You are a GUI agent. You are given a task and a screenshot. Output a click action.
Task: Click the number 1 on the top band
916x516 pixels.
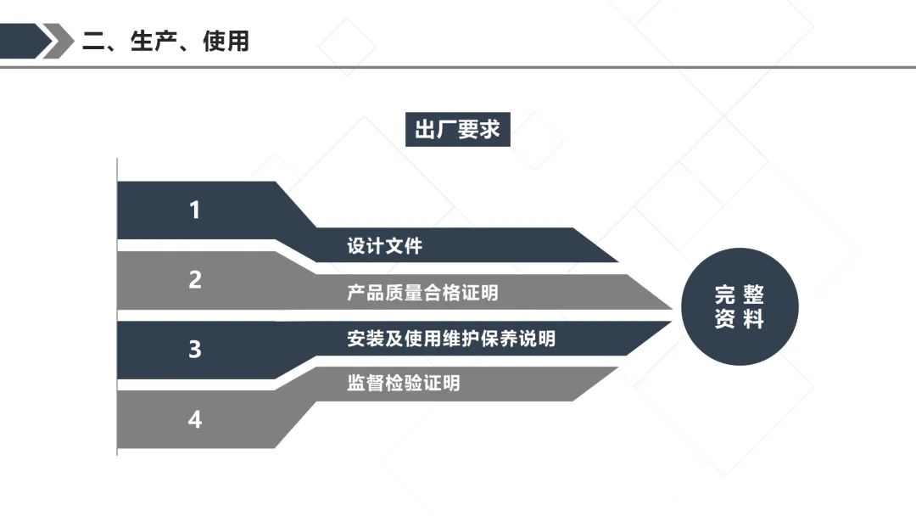pyautogui.click(x=195, y=210)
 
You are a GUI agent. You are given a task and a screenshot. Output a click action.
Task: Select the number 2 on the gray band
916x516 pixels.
pyautogui.click(x=195, y=279)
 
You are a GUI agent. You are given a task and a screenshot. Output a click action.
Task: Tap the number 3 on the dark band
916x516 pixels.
pyautogui.click(x=195, y=349)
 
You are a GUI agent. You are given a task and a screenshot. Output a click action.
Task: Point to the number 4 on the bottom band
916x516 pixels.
pyautogui.click(x=195, y=419)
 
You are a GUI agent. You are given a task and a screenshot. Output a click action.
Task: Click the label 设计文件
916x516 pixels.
pyautogui.click(x=384, y=247)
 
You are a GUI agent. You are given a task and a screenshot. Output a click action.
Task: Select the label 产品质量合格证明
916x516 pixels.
pyautogui.click(x=422, y=293)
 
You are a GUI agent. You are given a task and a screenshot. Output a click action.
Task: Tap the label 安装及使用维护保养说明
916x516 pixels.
pyautogui.click(x=450, y=339)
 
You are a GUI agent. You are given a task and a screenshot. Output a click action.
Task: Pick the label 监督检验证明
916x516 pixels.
pyautogui.click(x=403, y=383)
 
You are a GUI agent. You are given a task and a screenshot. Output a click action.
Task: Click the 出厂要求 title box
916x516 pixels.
pyautogui.click(x=457, y=130)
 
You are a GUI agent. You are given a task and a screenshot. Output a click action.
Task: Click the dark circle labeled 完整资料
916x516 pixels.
pyautogui.click(x=740, y=306)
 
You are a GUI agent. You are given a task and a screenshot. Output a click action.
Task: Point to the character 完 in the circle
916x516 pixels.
pyautogui.click(x=724, y=294)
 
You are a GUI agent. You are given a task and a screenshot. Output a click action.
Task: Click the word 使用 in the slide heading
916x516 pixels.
pyautogui.click(x=226, y=41)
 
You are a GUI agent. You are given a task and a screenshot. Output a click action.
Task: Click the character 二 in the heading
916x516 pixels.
pyautogui.click(x=93, y=41)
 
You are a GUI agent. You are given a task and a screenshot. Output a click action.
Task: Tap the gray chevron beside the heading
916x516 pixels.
pyautogui.click(x=59, y=41)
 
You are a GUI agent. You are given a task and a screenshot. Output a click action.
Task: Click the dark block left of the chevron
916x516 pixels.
pyautogui.click(x=19, y=41)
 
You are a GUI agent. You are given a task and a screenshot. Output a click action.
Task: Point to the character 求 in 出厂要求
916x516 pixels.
pyautogui.click(x=489, y=130)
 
